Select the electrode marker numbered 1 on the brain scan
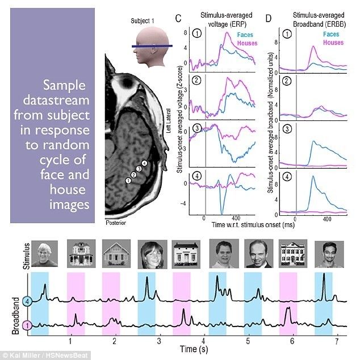(128, 181)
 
